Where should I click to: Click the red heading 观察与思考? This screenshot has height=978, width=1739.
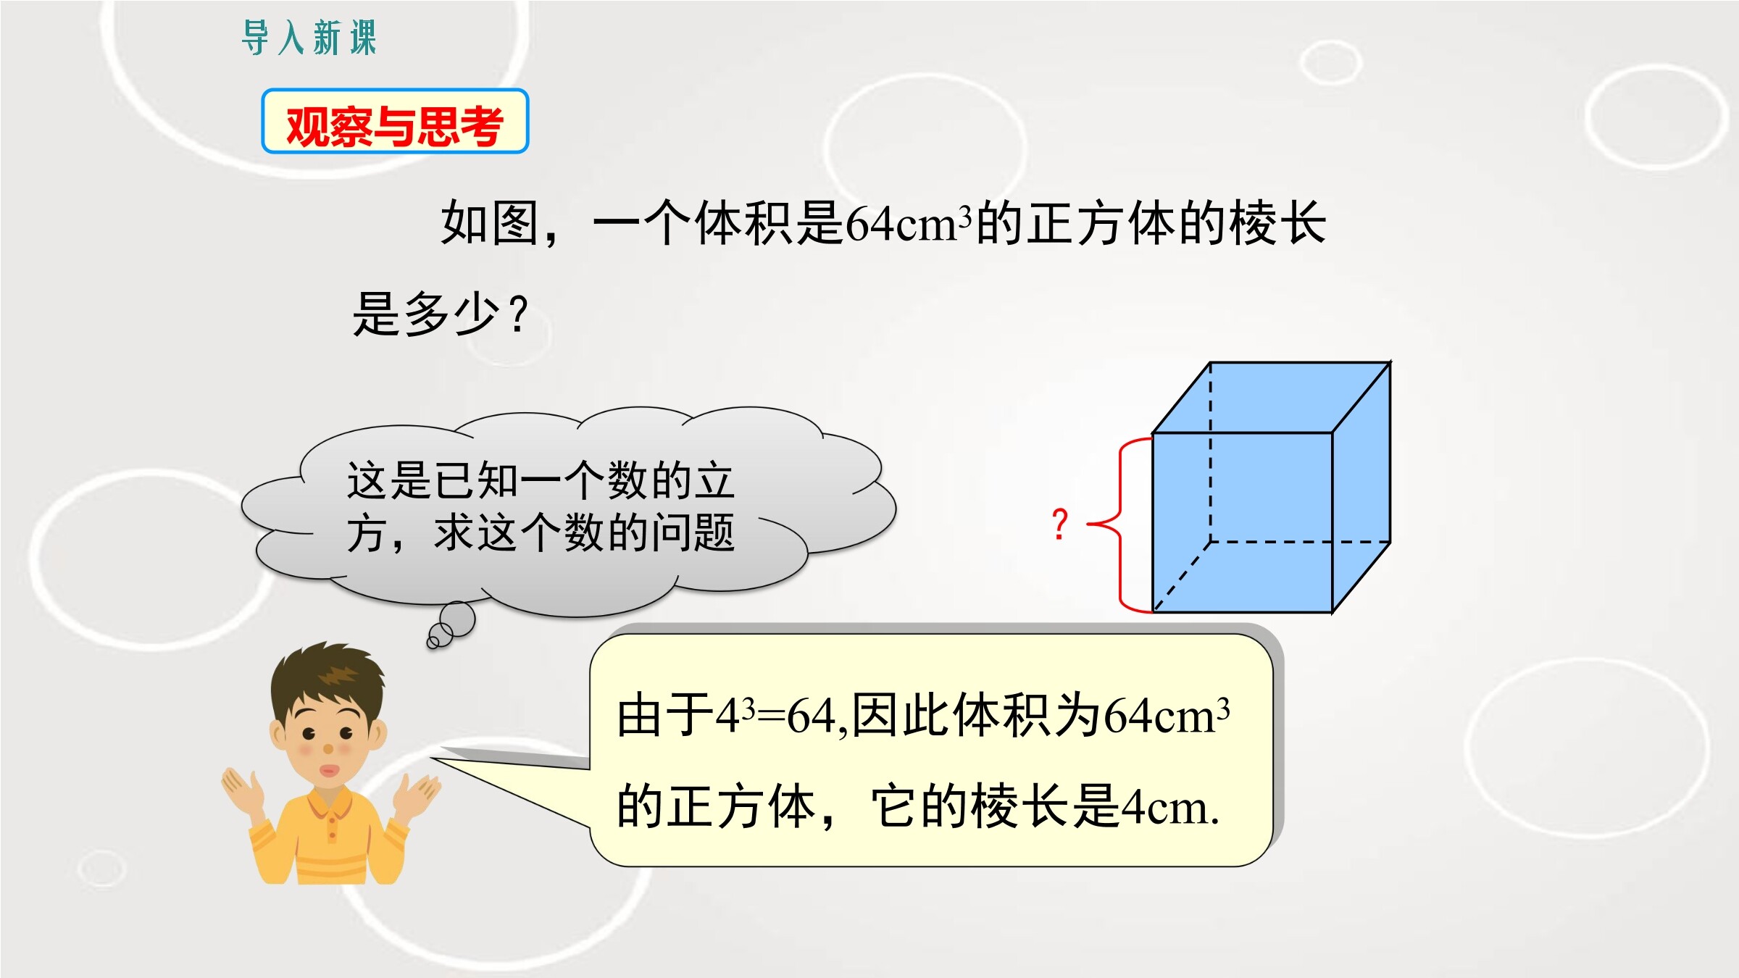pyautogui.click(x=395, y=126)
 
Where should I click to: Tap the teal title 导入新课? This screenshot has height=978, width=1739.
pyautogui.click(x=309, y=38)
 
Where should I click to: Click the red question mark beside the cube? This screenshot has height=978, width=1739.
pyautogui.click(x=1060, y=524)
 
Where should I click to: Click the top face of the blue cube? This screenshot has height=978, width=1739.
pyautogui.click(x=1272, y=398)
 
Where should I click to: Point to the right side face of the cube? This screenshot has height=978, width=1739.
pyautogui.click(x=1361, y=488)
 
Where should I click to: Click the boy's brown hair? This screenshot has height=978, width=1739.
pyautogui.click(x=328, y=677)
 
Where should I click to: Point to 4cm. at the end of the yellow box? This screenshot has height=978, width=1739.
pyautogui.click(x=1171, y=807)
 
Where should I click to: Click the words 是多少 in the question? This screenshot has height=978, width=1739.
pyautogui.click(x=427, y=313)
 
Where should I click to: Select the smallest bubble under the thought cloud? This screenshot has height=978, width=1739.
pyautogui.click(x=433, y=641)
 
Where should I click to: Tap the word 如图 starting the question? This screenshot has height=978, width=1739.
pyautogui.click(x=490, y=223)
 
